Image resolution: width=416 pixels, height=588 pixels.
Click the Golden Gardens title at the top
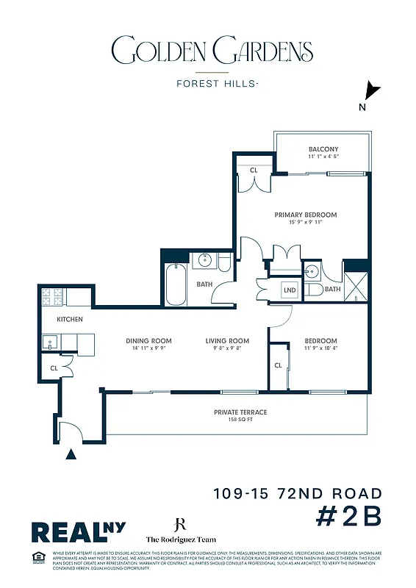pos(212,51)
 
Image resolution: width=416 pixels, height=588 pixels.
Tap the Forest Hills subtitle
pos(217,83)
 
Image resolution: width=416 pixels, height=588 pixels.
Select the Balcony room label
pos(323,149)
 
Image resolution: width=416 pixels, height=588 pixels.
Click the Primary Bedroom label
pos(305,215)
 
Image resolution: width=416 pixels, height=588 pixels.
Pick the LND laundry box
pos(290,290)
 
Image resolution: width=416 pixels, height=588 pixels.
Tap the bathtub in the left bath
pos(176,284)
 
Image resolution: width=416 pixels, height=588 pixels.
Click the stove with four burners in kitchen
pos(52,297)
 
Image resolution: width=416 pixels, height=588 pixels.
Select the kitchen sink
pos(50,342)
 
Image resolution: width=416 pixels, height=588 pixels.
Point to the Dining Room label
pos(148,341)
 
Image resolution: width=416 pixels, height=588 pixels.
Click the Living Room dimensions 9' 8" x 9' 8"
pos(226,348)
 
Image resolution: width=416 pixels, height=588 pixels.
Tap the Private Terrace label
pos(240,412)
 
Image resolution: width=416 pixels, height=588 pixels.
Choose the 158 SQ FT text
pos(240,420)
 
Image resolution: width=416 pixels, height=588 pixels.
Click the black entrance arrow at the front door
pos(71,455)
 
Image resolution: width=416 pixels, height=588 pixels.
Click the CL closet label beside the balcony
pos(254,170)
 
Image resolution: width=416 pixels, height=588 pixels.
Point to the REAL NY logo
pos(78,531)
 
